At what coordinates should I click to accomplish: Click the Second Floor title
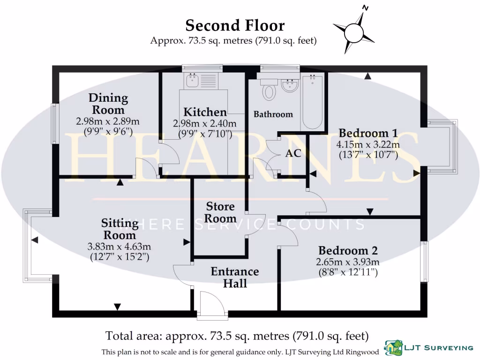click(234, 25)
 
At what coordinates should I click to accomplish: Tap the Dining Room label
click(108, 104)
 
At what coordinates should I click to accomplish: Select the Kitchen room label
click(205, 112)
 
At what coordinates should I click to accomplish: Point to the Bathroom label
click(273, 114)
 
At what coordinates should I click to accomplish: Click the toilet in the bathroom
click(269, 89)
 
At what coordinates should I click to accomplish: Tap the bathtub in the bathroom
click(312, 102)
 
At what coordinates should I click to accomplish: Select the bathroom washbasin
click(290, 85)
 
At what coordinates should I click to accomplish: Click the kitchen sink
click(192, 81)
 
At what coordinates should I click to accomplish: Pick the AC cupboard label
click(293, 154)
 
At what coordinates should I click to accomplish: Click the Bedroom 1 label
click(364, 132)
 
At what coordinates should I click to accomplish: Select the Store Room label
click(220, 212)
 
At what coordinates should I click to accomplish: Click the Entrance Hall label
click(234, 277)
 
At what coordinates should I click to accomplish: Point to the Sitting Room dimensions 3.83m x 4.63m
click(119, 247)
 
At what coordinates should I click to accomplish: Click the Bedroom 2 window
click(425, 262)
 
